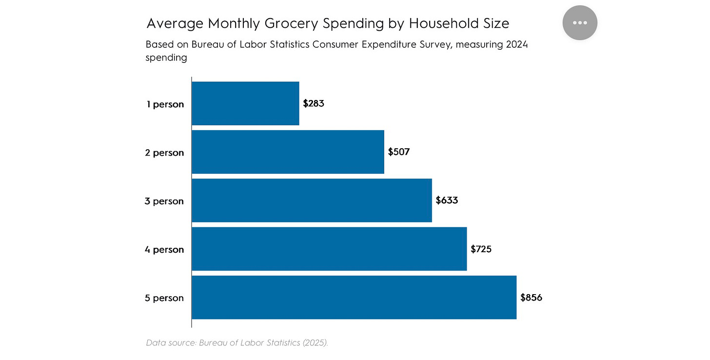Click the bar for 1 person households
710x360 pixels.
pos(245,103)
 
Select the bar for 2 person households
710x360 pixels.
pos(288,152)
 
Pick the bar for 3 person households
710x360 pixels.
pos(312,200)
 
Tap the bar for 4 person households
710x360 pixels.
pos(329,249)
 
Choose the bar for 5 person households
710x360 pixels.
pos(354,298)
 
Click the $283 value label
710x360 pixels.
pos(314,103)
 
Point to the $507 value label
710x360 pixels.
pos(399,152)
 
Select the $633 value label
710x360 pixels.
pos(447,200)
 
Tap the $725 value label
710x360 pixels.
pos(481,249)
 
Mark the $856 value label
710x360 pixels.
pos(531,298)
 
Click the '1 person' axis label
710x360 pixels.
pos(165,104)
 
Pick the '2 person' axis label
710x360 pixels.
pos(164,153)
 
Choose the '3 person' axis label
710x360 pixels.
pos(164,201)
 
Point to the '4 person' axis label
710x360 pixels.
pos(164,250)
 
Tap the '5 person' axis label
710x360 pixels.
pos(164,298)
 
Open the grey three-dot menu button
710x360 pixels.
pos(580,23)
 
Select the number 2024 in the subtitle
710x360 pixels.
pos(517,44)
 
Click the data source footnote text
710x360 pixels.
pos(237,342)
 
